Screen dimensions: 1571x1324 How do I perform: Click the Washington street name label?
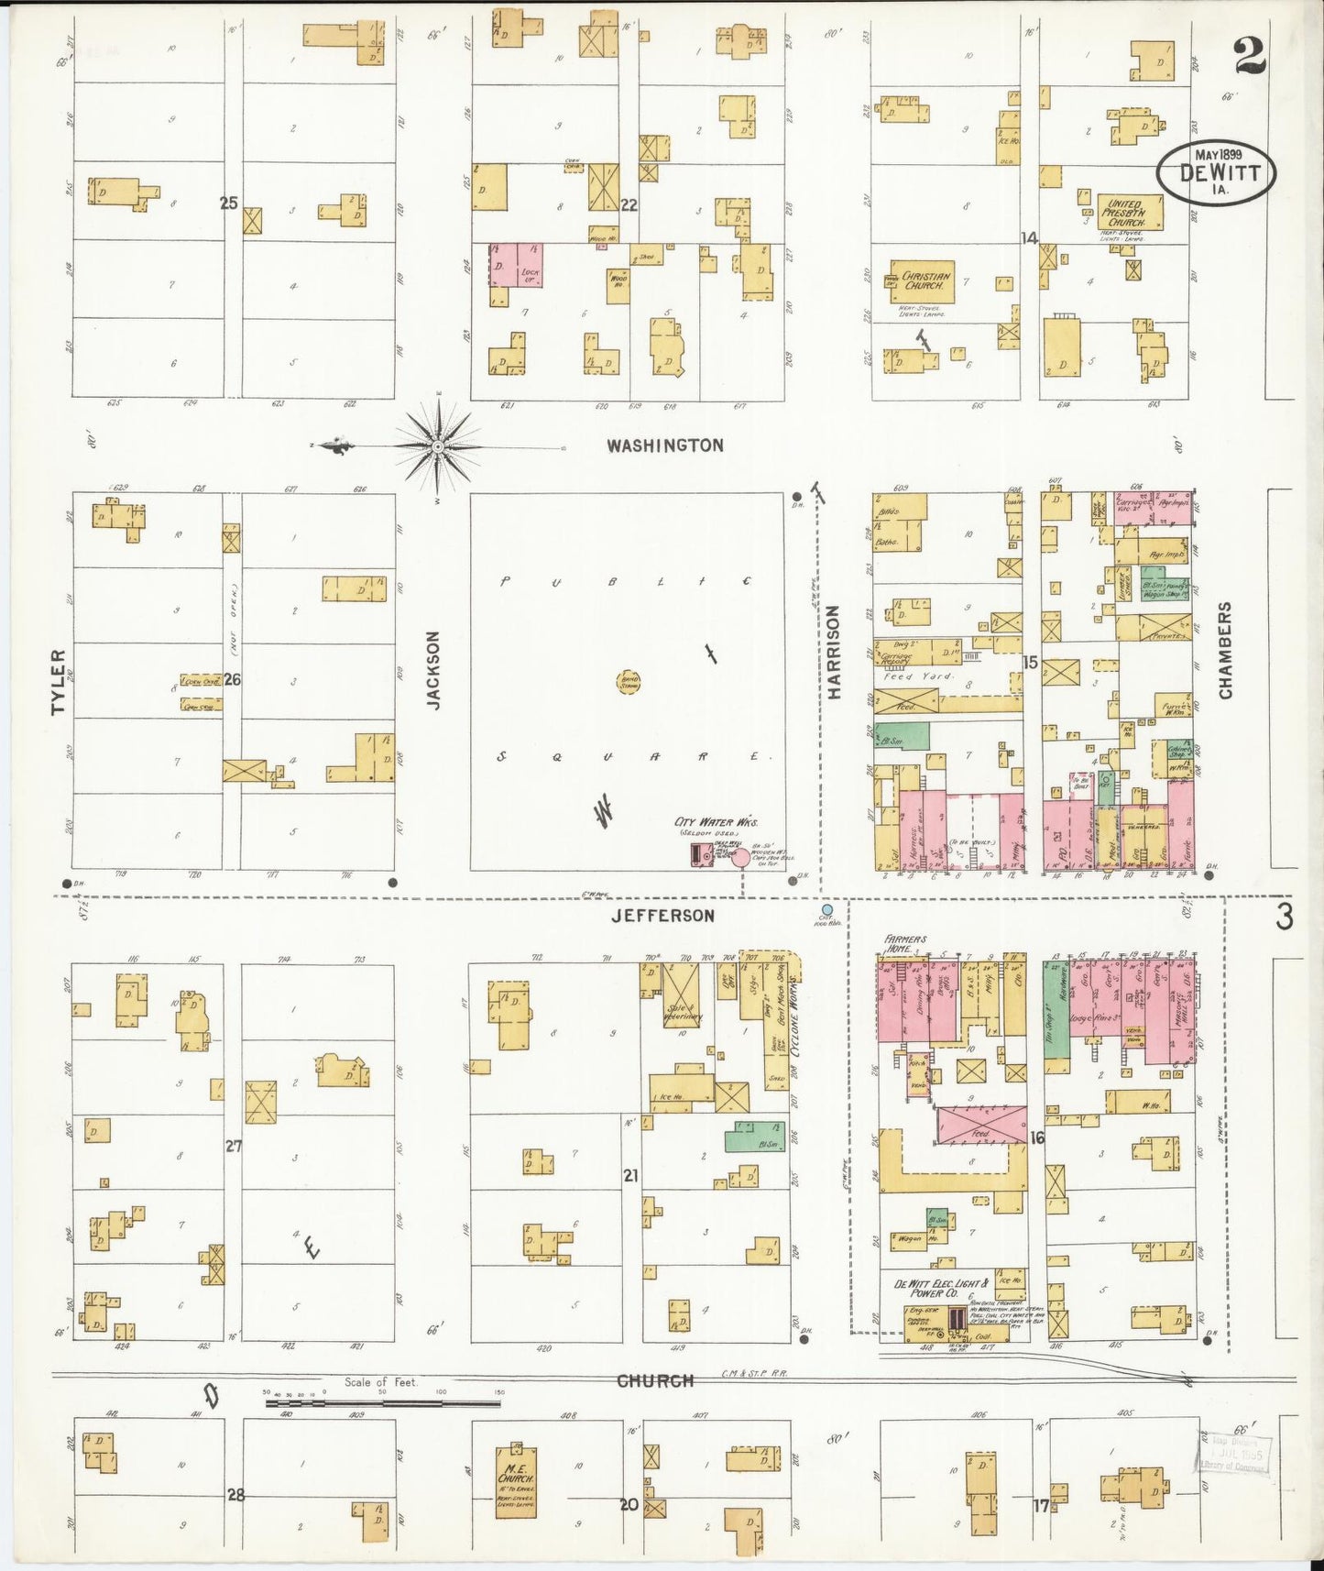665,445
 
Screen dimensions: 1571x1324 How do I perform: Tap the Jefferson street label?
662,915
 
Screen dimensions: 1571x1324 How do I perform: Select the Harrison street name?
834,653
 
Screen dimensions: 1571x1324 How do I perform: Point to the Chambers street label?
1225,650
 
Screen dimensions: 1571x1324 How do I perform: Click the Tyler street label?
59,682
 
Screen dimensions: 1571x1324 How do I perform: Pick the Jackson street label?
434,669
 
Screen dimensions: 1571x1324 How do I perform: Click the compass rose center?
438,446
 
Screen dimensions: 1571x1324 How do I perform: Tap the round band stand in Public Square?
629,681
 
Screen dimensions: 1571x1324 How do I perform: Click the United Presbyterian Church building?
1131,212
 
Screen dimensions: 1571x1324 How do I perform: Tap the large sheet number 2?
1250,57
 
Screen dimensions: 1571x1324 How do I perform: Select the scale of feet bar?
383,1402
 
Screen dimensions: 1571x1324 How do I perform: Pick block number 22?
629,204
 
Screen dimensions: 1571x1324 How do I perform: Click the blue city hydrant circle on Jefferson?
827,909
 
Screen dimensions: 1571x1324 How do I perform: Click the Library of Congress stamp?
1234,1455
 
